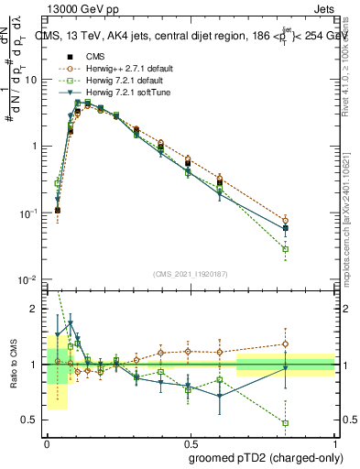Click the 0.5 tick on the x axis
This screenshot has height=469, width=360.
pyautogui.click(x=191, y=442)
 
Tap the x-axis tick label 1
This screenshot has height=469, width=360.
pyautogui.click(x=334, y=442)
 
